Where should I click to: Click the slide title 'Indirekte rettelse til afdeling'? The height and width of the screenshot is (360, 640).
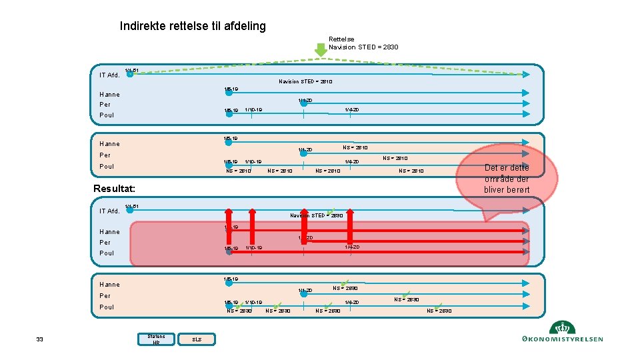(x=193, y=26)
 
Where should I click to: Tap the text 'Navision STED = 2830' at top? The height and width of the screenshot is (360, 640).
(x=363, y=47)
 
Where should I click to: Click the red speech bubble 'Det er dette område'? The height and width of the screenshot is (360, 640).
(x=507, y=178)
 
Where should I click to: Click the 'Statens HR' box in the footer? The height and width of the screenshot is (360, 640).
(x=156, y=339)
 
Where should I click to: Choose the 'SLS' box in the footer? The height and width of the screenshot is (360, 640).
(x=197, y=340)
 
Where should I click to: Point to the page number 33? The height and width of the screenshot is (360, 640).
(x=39, y=340)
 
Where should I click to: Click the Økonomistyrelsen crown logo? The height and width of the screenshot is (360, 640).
(x=563, y=328)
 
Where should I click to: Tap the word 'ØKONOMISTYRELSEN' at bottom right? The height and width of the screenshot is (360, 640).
(x=563, y=339)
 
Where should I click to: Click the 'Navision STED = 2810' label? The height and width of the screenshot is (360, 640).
(x=305, y=82)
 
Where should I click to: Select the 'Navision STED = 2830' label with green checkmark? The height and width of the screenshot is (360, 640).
(x=317, y=215)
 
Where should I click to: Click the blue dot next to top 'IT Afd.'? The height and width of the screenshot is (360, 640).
(x=130, y=75)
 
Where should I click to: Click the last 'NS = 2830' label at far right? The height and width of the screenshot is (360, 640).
(x=439, y=311)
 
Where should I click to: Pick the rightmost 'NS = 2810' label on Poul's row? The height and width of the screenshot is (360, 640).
(x=411, y=171)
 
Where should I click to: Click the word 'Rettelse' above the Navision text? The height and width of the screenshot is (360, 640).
(x=341, y=39)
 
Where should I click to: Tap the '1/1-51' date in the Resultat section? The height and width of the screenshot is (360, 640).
(x=132, y=205)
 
